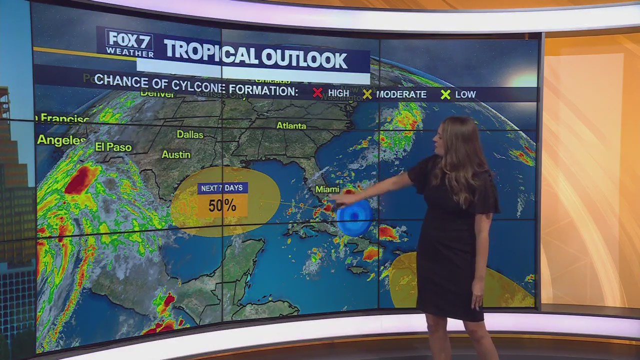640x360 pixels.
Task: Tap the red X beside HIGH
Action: (317, 93)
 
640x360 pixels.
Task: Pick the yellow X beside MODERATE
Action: (367, 94)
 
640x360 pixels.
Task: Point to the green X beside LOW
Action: (445, 94)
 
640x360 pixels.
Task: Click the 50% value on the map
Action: (222, 205)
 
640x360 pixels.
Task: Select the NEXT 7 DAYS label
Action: (222, 188)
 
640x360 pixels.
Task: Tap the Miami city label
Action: (327, 189)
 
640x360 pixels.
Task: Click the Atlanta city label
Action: (291, 125)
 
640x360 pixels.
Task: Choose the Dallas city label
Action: (190, 134)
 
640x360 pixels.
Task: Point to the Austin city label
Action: (176, 154)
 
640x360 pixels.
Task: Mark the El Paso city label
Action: (113, 147)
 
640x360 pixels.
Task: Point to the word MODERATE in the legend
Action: (401, 94)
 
